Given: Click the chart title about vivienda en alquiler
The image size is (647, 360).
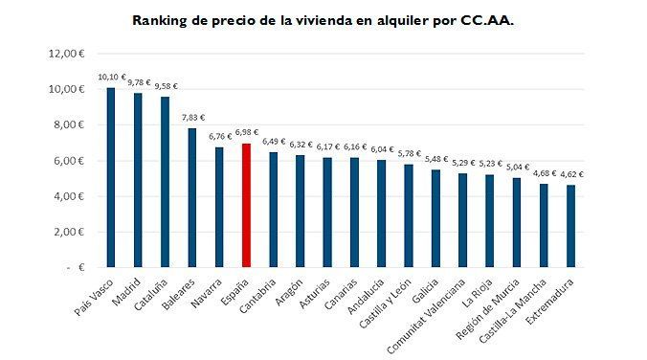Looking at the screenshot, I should (x=323, y=19).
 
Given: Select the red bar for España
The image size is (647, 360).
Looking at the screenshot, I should (x=247, y=205).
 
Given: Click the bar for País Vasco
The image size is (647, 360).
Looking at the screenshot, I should (x=111, y=177).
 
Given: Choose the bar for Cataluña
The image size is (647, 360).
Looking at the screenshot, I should (x=165, y=182).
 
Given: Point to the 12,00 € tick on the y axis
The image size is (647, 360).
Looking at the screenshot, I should (x=68, y=54).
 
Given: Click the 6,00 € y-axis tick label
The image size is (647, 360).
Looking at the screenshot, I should (x=68, y=161).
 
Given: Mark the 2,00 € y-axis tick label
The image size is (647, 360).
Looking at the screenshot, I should (x=68, y=232).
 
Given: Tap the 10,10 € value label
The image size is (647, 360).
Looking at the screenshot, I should (x=112, y=77).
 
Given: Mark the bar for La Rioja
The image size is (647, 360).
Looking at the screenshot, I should (x=489, y=220).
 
